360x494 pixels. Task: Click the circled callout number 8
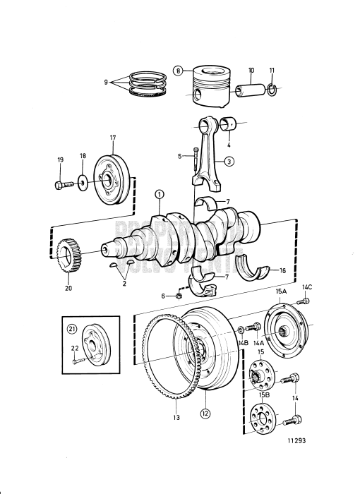179,71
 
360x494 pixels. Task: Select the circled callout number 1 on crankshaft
160,194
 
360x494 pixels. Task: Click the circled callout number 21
71,330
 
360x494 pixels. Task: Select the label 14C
307,287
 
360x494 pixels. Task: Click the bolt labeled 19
60,185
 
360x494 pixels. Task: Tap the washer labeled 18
83,183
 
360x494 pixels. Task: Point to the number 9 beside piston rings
106,82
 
